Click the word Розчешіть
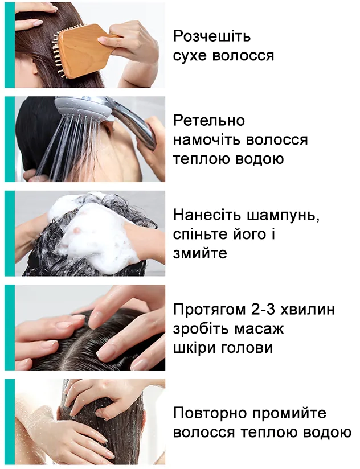coord(212,37)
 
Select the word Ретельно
coord(209,121)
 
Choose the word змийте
coord(200,253)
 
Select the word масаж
coord(256,329)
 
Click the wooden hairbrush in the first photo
coord(80,43)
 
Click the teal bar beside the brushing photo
coord(9,45)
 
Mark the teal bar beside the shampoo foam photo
coord(9,233)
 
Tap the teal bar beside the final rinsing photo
coord(9,422)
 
